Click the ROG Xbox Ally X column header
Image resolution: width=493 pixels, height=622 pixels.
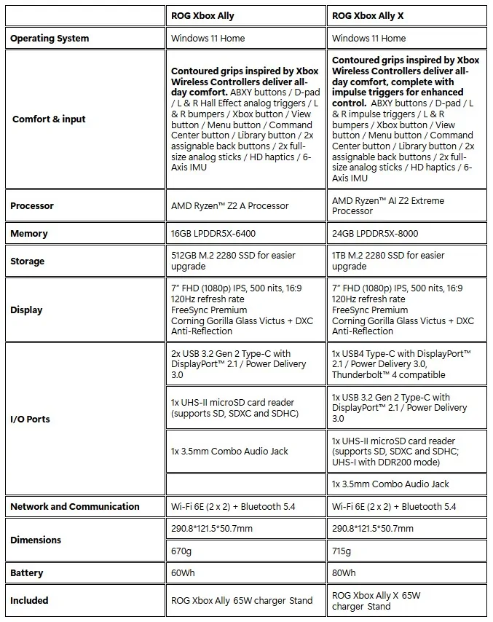(371, 15)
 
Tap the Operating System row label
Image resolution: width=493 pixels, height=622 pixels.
(50, 38)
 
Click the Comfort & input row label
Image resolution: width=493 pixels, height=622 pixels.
(49, 119)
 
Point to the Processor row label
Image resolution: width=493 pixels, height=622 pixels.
(32, 206)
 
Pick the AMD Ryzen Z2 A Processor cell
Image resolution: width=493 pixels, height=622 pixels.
(229, 206)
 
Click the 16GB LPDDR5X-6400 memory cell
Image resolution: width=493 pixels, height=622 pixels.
(213, 234)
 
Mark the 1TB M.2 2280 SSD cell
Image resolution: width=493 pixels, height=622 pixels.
(387, 261)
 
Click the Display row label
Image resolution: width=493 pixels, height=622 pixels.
(26, 310)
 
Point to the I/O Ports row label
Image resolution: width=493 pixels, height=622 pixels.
(30, 420)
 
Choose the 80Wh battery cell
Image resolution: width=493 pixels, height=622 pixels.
(344, 573)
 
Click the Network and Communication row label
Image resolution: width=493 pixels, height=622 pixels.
(75, 506)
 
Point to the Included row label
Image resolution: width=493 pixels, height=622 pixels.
(29, 600)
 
